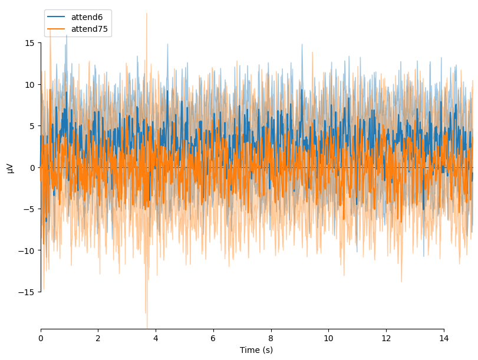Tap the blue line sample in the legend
[x=57, y=17]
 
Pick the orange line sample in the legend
[x=57, y=29]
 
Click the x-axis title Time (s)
[x=256, y=350]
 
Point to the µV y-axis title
[x=10, y=167]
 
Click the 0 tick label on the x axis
[x=41, y=338]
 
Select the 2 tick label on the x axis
[x=98, y=338]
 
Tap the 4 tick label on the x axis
[x=156, y=338]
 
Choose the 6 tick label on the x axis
[x=213, y=338]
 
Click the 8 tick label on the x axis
[x=271, y=338]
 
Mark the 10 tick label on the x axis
[x=328, y=338]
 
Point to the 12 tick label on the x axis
[x=386, y=338]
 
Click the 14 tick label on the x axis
[x=443, y=338]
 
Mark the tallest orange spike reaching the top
[x=147, y=14]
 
